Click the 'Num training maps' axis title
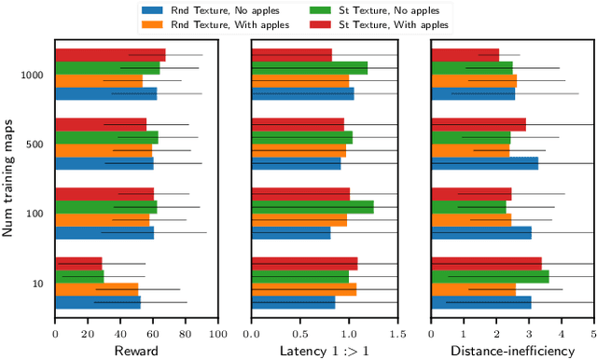click(x=8, y=176)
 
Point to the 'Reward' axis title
click(x=136, y=350)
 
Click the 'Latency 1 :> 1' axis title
click(x=325, y=350)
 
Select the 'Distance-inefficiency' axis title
click(x=511, y=350)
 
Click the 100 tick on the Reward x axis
click(x=217, y=331)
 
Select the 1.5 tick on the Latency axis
click(x=397, y=331)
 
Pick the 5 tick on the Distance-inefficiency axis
click(x=593, y=331)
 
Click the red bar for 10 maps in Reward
click(x=78, y=263)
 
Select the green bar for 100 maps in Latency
click(x=312, y=207)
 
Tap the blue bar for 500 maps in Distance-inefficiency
click(x=484, y=163)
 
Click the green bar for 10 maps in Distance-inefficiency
click(x=490, y=276)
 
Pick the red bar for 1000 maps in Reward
click(x=110, y=55)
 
